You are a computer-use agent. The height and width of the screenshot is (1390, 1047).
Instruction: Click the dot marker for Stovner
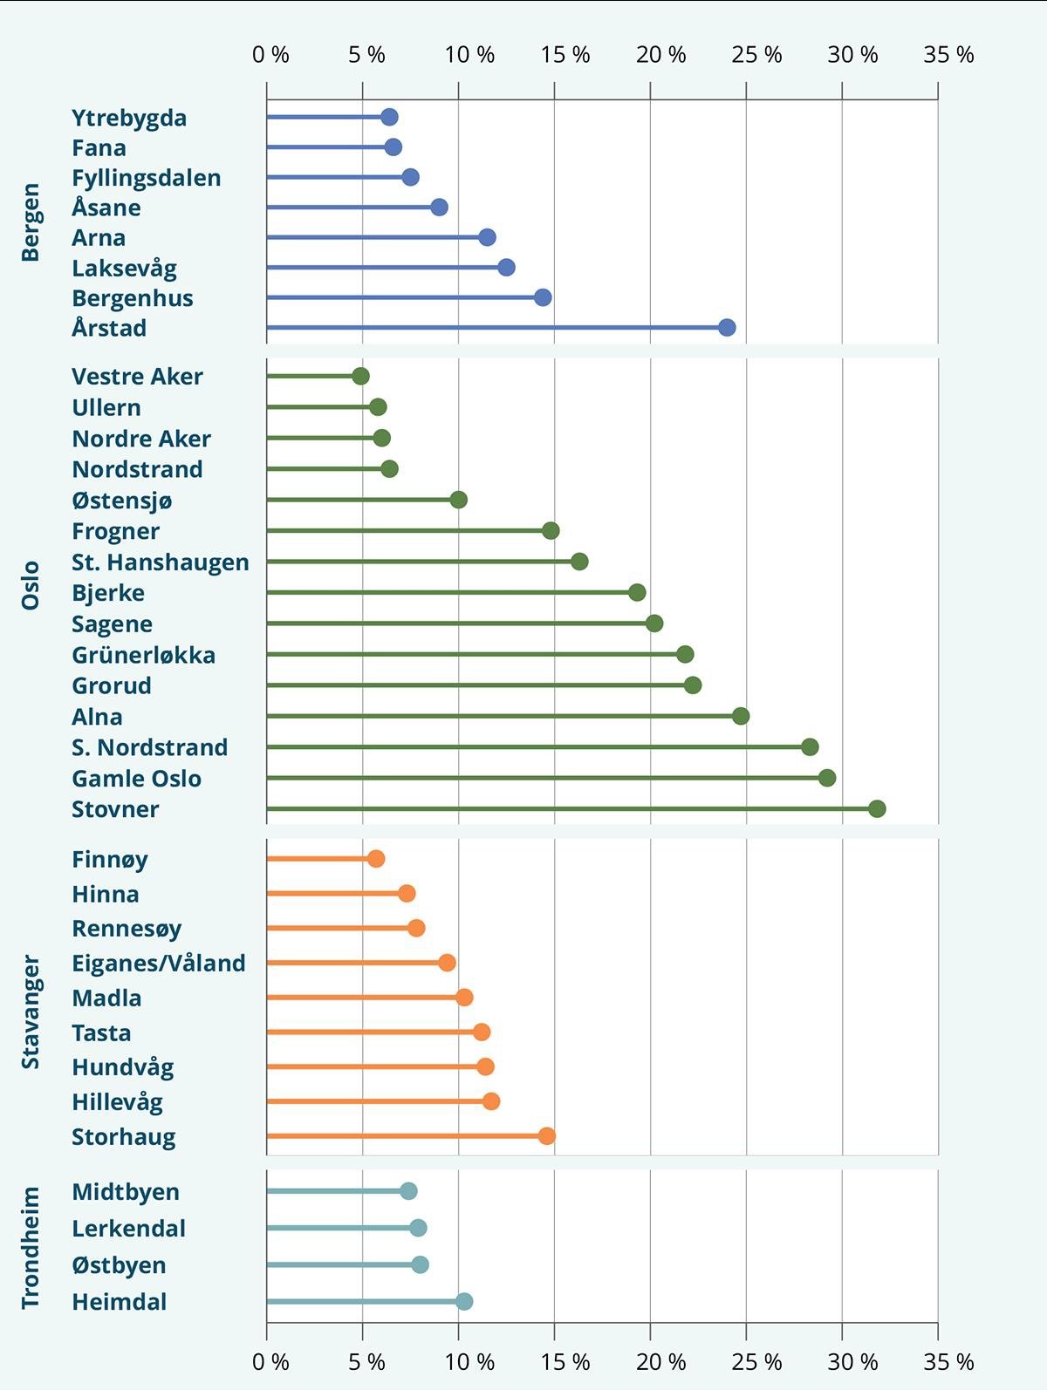click(877, 808)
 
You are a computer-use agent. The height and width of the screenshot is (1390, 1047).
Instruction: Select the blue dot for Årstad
click(727, 327)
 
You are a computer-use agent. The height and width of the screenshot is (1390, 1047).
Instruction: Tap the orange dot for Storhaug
click(547, 1135)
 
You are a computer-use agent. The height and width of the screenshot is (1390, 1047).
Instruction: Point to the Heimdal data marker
click(464, 1301)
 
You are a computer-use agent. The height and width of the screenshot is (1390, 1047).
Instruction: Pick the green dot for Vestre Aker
click(360, 376)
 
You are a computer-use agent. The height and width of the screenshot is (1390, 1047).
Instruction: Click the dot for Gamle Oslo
click(827, 778)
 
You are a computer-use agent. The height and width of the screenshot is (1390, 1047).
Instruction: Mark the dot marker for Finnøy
click(376, 858)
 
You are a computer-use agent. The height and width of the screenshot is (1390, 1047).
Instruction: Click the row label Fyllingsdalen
click(147, 178)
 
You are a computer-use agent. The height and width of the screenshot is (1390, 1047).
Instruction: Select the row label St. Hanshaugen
click(161, 562)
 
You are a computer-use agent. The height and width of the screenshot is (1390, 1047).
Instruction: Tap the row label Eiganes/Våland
click(159, 963)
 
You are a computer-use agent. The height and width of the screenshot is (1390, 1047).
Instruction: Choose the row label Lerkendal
click(129, 1228)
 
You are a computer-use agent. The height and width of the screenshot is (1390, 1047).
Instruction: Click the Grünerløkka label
click(144, 655)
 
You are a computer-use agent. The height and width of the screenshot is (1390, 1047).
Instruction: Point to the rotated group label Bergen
click(31, 222)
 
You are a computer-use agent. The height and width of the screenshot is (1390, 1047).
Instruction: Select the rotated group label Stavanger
click(31, 1012)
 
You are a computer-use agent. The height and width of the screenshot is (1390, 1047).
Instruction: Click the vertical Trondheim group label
click(31, 1247)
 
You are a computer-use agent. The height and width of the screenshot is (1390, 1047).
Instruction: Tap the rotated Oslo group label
click(31, 585)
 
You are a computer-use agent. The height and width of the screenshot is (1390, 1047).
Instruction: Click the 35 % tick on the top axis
click(948, 55)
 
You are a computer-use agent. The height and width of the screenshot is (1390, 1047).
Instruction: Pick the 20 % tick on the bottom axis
click(660, 1361)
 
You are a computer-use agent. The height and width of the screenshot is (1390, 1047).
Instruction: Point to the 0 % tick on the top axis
click(270, 55)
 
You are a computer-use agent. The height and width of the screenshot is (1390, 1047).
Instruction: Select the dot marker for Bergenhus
click(543, 297)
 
